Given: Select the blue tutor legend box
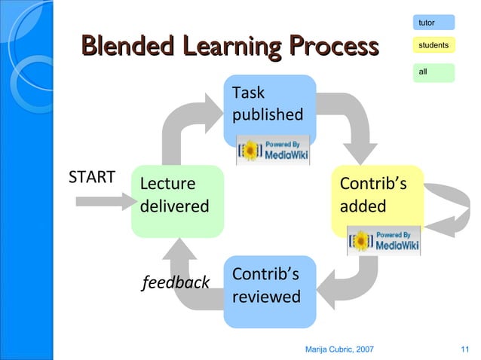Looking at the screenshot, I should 434,23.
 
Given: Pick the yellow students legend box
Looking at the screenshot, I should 434,46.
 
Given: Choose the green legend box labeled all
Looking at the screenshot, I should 434,72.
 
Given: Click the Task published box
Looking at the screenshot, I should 269,105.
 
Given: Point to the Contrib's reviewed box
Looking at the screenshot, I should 269,290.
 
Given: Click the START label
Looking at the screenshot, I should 92,177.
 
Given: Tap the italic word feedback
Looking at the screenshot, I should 176,282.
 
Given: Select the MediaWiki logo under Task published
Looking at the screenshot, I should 273,150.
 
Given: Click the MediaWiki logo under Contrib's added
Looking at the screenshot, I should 383,240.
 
